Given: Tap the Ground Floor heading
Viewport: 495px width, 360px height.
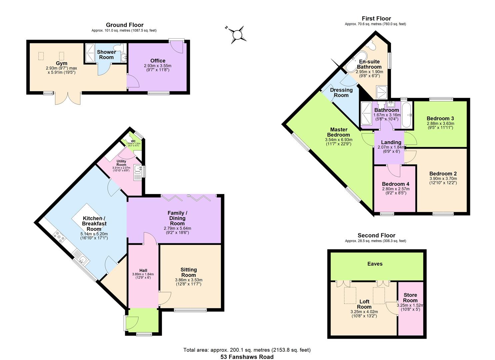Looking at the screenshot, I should (125, 25).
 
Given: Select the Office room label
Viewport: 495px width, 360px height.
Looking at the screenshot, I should (158, 61).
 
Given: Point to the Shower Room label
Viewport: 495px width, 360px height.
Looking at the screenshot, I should (106, 55).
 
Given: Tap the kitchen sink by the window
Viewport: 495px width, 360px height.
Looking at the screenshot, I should (81, 258).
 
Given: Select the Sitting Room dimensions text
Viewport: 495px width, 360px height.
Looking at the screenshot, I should (189, 282).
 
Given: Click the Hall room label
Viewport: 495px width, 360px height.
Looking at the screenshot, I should (143, 270).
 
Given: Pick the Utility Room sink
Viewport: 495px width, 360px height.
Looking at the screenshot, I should (137, 170).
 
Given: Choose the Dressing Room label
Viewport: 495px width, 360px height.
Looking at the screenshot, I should (341, 92).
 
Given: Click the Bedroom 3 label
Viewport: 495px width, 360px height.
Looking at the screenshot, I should (440, 118).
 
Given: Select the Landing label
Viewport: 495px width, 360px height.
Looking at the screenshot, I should (391, 142).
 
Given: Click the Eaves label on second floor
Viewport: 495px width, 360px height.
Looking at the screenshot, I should (375, 264).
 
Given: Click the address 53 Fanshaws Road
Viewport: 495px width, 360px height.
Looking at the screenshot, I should (247, 357).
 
